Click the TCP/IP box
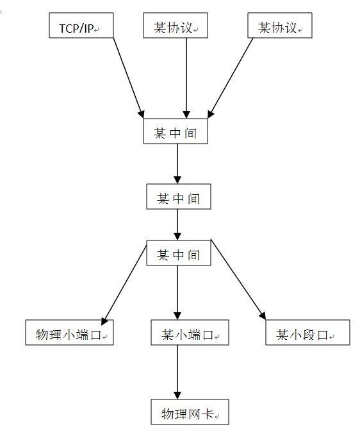coord(81,25)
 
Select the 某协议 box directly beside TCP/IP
coord(176,25)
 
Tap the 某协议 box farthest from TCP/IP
coord(280,25)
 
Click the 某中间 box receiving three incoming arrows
coord(176,131)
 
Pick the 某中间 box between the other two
coord(179,196)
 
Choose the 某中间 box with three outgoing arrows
coord(179,253)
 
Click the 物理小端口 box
coord(69,332)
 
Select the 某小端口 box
coord(190,332)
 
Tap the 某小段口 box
coord(307,332)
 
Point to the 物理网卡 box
coord(190,412)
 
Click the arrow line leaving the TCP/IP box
coord(129,78)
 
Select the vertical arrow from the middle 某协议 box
coord(186,78)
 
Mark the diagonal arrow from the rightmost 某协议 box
coord(231,78)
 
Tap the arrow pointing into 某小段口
coord(238,280)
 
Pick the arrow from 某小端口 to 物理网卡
coord(177,372)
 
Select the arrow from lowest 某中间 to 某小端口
coord(177,292)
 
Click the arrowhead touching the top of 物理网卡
coord(177,396)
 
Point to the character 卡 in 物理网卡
coord(208,414)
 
